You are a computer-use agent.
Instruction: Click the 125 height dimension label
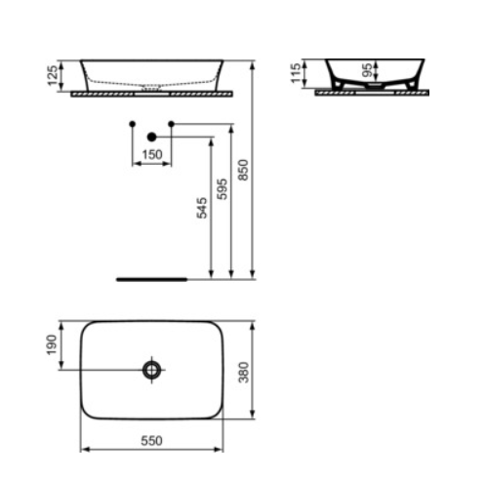coord(53,76)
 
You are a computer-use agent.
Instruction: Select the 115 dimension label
coord(297,73)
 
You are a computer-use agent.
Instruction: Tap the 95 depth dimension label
coord(367,70)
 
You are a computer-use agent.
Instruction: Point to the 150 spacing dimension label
coord(152,154)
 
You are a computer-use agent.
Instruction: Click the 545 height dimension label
coord(202,208)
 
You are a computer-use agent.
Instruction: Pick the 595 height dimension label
coord(223,189)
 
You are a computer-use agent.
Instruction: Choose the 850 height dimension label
coord(243,170)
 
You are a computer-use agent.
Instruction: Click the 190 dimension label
coord(52,345)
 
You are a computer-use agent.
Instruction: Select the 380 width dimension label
coord(244,373)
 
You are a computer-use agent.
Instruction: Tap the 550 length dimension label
coord(151,441)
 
